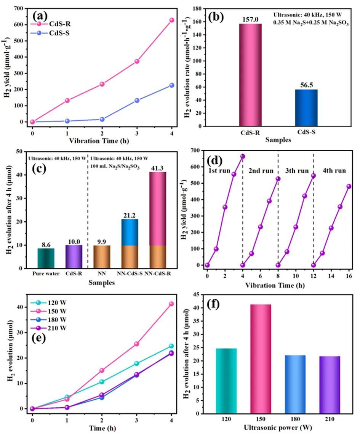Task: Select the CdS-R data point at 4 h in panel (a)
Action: (x=172, y=20)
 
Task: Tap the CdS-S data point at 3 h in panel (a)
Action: (x=137, y=101)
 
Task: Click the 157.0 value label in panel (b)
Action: (x=250, y=19)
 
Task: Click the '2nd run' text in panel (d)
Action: (x=261, y=171)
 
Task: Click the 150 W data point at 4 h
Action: (x=171, y=304)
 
